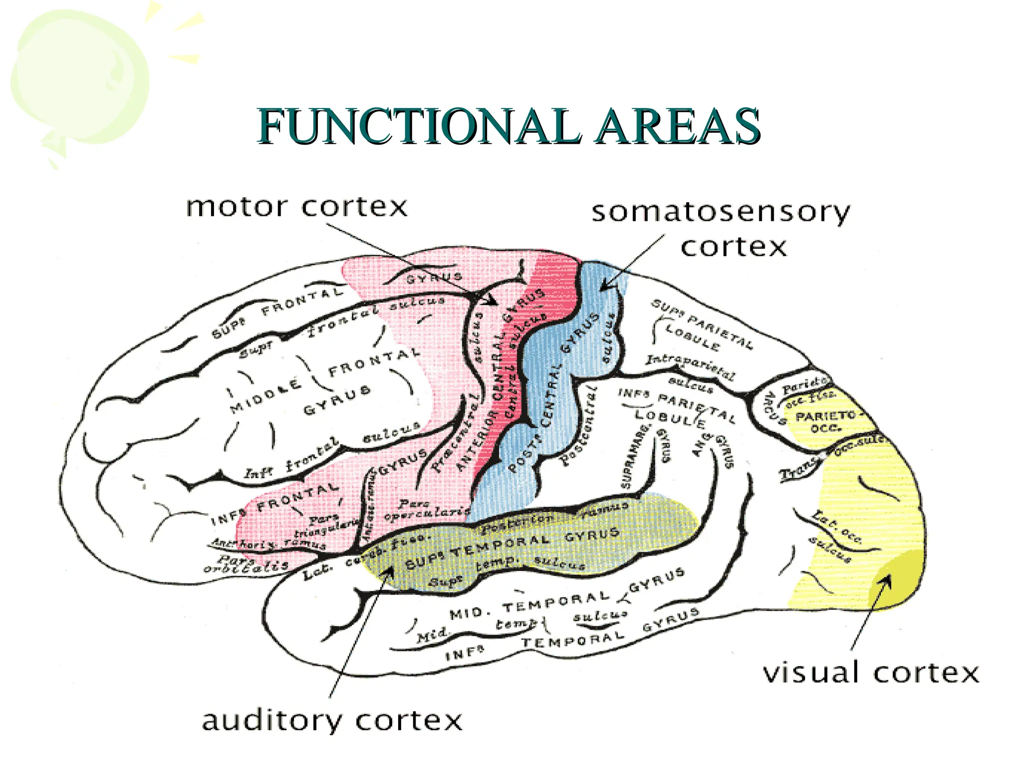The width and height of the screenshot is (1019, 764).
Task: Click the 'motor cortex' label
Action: pyautogui.click(x=297, y=206)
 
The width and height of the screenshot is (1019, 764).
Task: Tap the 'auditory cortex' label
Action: pyautogui.click(x=332, y=720)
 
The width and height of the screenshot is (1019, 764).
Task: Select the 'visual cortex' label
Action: pyautogui.click(x=871, y=672)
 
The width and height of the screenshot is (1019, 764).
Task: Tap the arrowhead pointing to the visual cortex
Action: pyautogui.click(x=886, y=580)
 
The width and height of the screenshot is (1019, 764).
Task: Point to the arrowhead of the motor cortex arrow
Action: pyautogui.click(x=492, y=301)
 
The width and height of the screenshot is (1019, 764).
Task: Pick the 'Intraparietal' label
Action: pyautogui.click(x=690, y=366)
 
